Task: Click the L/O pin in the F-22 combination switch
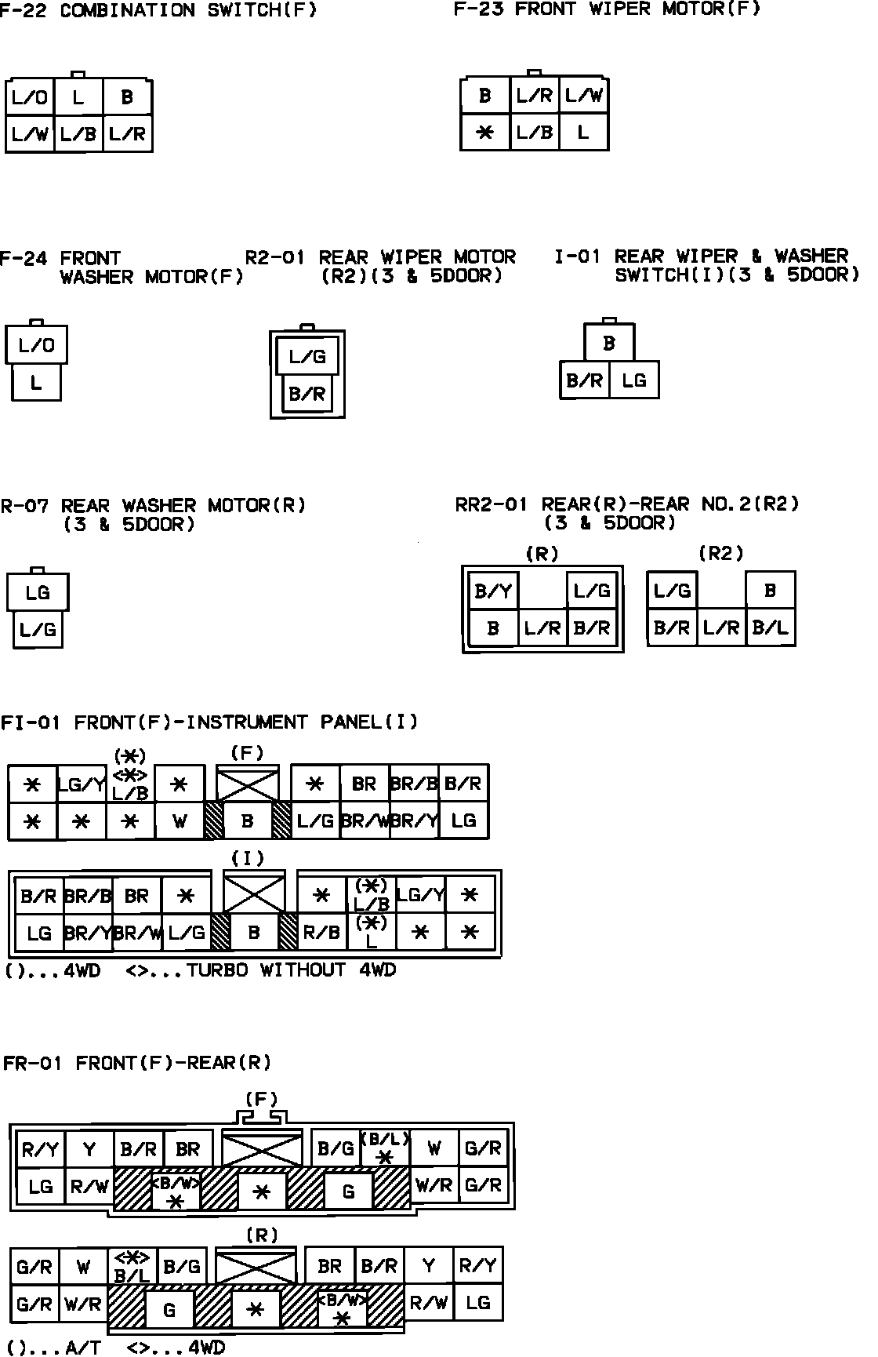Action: pyautogui.click(x=30, y=97)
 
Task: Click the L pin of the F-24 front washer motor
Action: pyautogui.click(x=36, y=383)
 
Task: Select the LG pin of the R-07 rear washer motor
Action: pyautogui.click(x=38, y=592)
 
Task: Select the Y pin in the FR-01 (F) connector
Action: pyautogui.click(x=89, y=1149)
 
